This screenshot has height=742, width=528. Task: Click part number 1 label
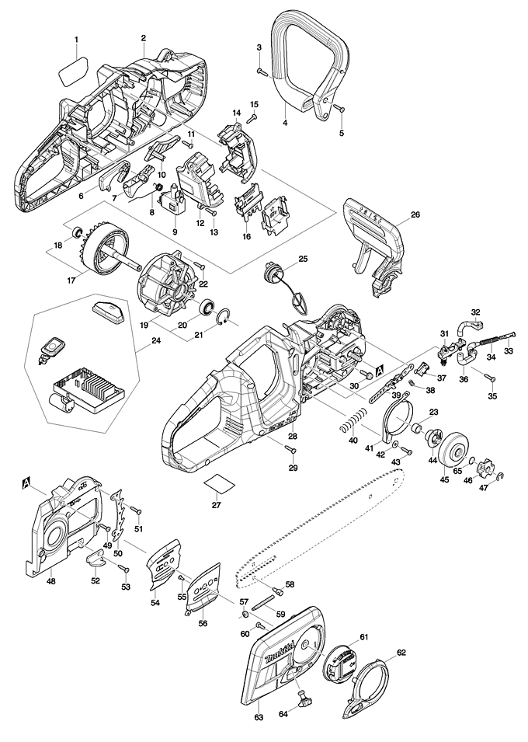coord(76,39)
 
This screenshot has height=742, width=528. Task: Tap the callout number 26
coord(415,215)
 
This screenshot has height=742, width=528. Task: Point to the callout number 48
coord(50,580)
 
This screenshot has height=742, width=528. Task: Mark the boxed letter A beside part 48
coord(28,483)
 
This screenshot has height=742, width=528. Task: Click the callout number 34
coord(490,358)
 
